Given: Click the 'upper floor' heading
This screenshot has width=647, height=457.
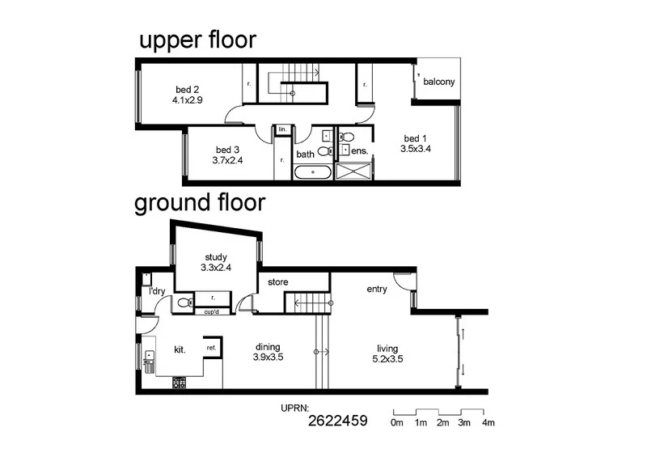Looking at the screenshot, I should (x=197, y=41).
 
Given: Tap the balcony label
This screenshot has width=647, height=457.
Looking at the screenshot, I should (x=438, y=82).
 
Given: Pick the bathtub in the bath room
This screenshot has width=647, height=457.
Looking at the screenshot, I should (x=312, y=172).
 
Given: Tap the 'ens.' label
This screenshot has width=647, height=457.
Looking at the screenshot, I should (x=360, y=151).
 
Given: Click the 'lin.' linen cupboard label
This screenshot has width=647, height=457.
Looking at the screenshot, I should (x=282, y=129).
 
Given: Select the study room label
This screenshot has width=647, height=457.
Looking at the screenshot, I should (x=216, y=257).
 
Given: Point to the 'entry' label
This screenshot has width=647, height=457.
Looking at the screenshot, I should (x=377, y=289).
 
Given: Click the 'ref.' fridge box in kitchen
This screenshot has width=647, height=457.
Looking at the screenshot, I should (x=211, y=348).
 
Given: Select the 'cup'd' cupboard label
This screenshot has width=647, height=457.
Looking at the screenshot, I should (x=214, y=311).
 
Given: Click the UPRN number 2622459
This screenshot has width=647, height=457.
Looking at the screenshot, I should (x=338, y=421).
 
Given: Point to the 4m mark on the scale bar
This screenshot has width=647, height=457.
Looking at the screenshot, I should (x=488, y=422).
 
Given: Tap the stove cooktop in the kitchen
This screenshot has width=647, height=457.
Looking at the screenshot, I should (x=179, y=383).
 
